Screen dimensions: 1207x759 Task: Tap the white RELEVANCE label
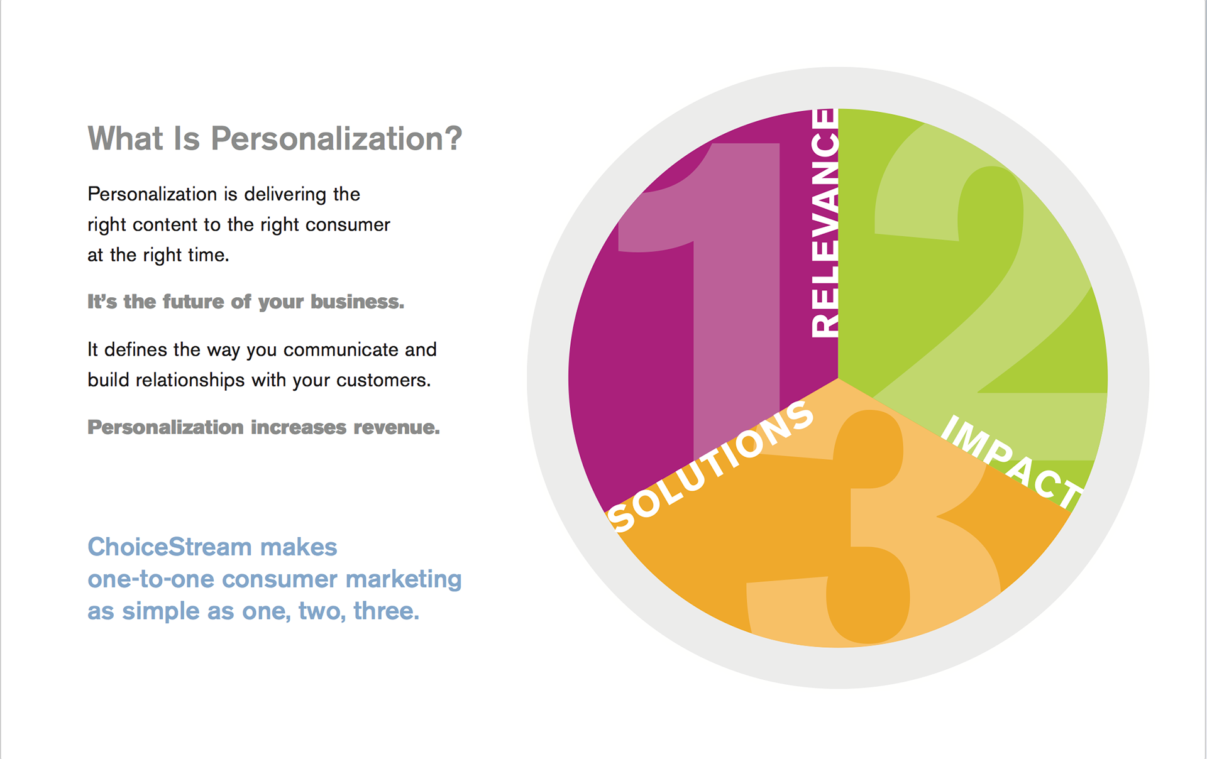(x=825, y=223)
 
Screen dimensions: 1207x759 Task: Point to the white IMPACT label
(x=1012, y=461)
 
